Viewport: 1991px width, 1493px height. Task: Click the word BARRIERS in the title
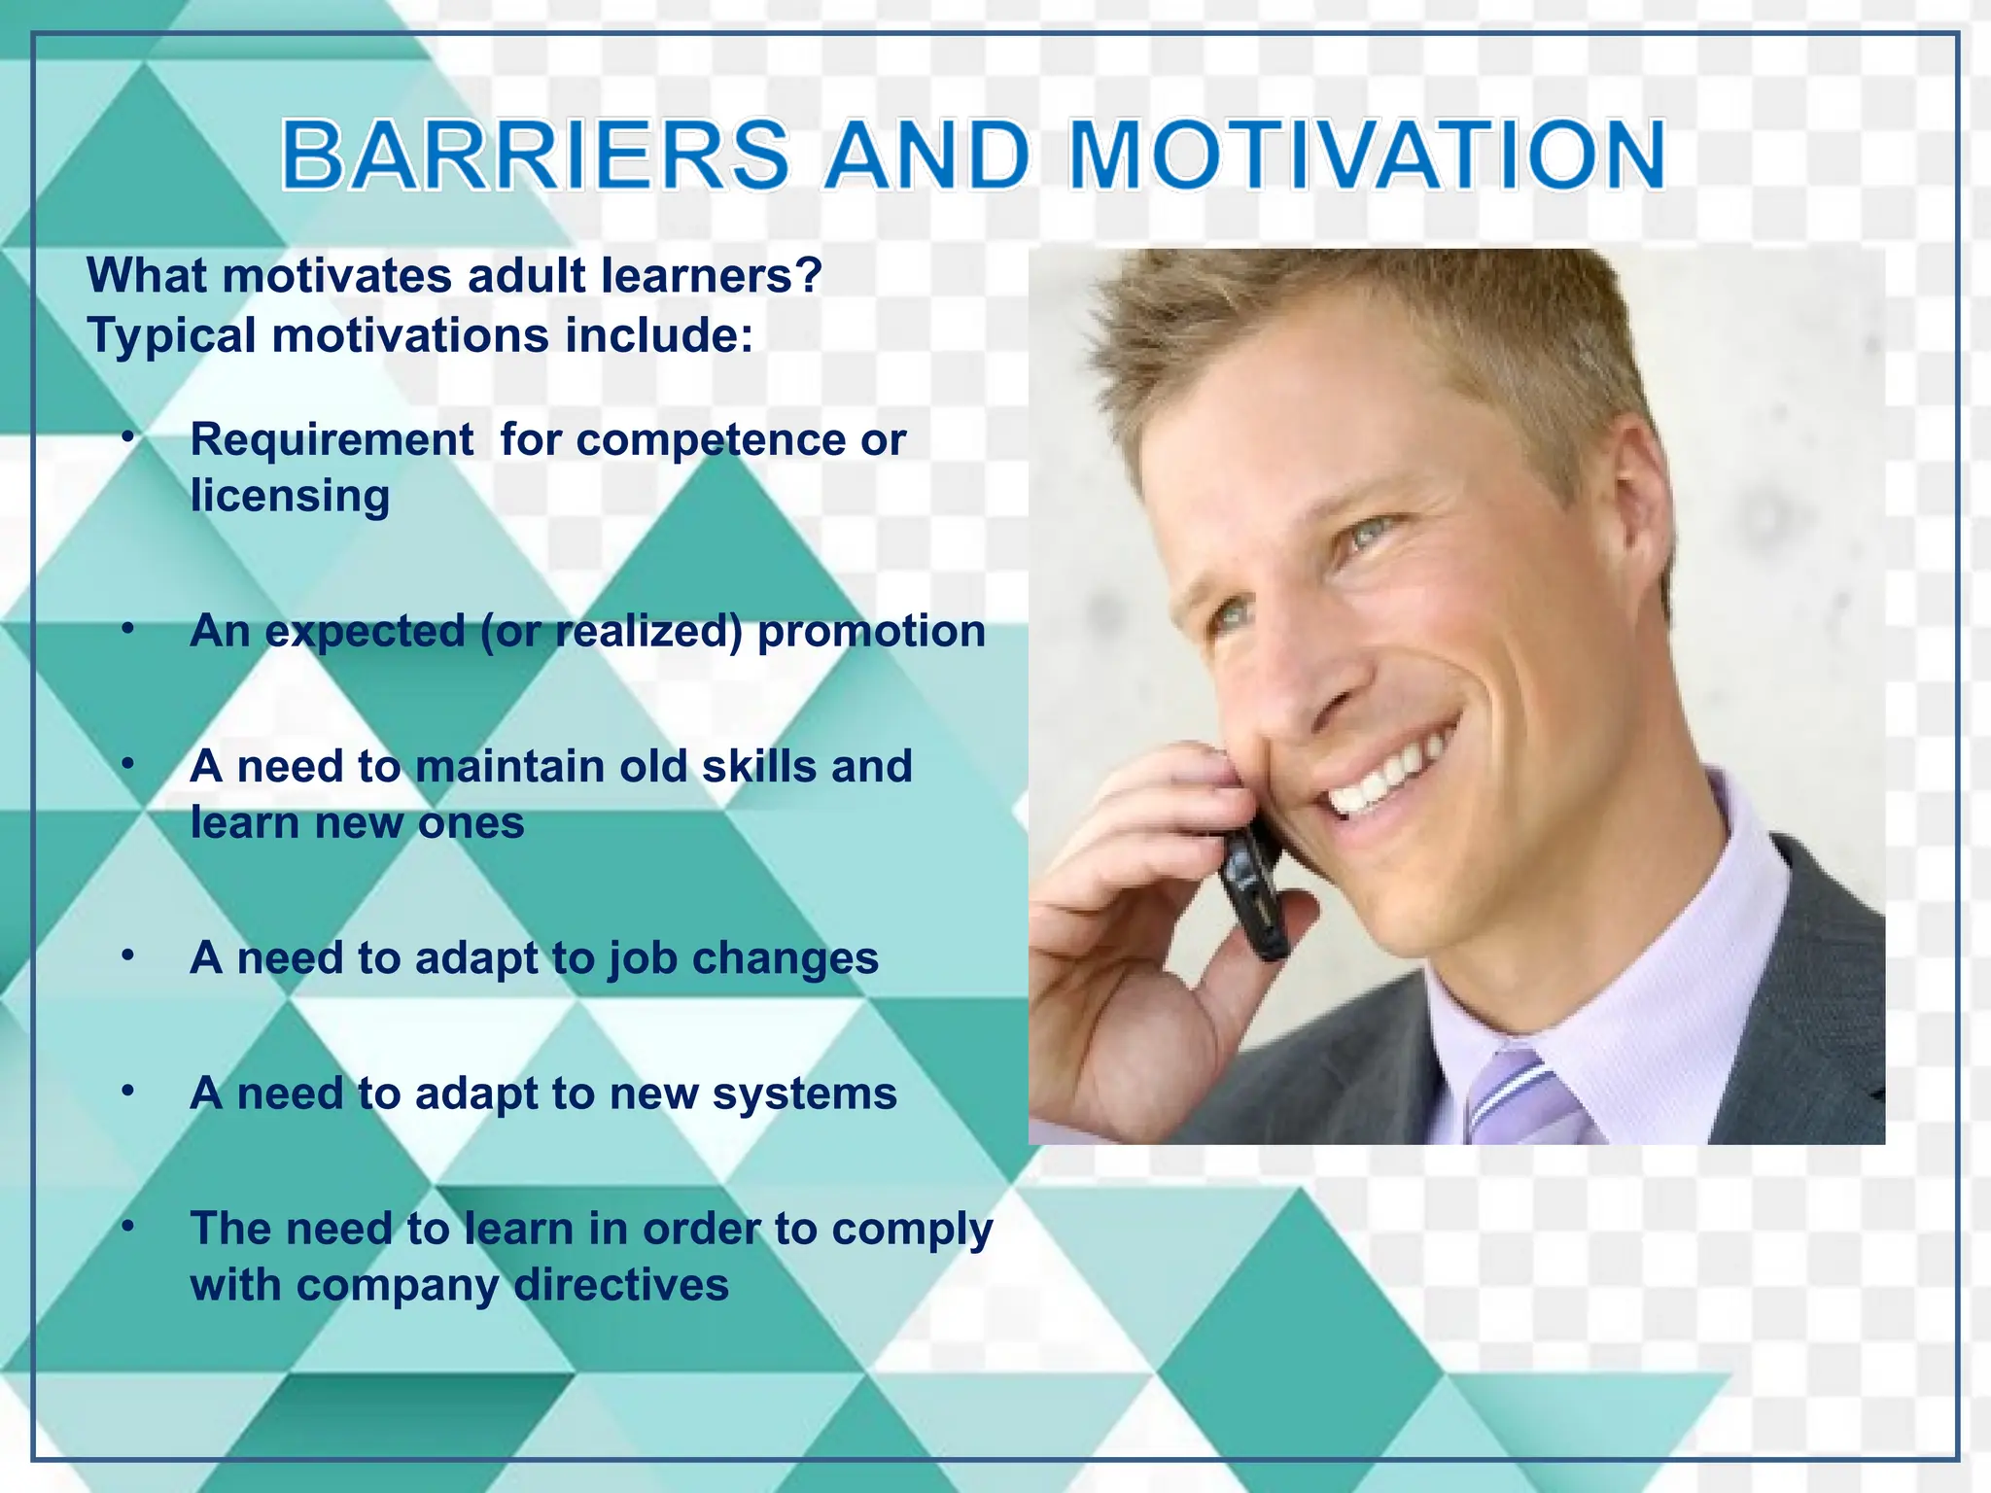(535, 156)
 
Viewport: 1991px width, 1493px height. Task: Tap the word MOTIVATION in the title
(1367, 156)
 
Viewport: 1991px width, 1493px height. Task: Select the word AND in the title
(927, 156)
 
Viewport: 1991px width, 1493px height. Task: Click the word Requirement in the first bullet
(332, 439)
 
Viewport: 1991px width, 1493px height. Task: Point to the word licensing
(290, 496)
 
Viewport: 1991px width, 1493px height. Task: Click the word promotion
(871, 631)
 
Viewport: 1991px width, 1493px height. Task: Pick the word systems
(804, 1094)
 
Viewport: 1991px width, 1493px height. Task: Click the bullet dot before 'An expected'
(128, 630)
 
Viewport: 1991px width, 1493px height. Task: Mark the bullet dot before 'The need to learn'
(128, 1227)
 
